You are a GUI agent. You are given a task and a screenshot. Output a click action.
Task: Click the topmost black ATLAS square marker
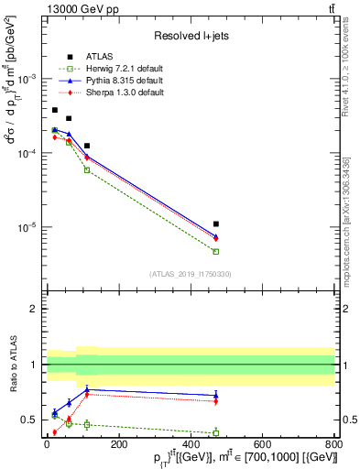coord(55,110)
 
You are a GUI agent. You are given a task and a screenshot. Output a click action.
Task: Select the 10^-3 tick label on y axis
coord(27,79)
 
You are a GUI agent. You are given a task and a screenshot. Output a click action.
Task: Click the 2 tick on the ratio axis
coord(33,309)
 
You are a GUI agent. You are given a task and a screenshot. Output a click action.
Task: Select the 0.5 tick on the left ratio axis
coord(29,420)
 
